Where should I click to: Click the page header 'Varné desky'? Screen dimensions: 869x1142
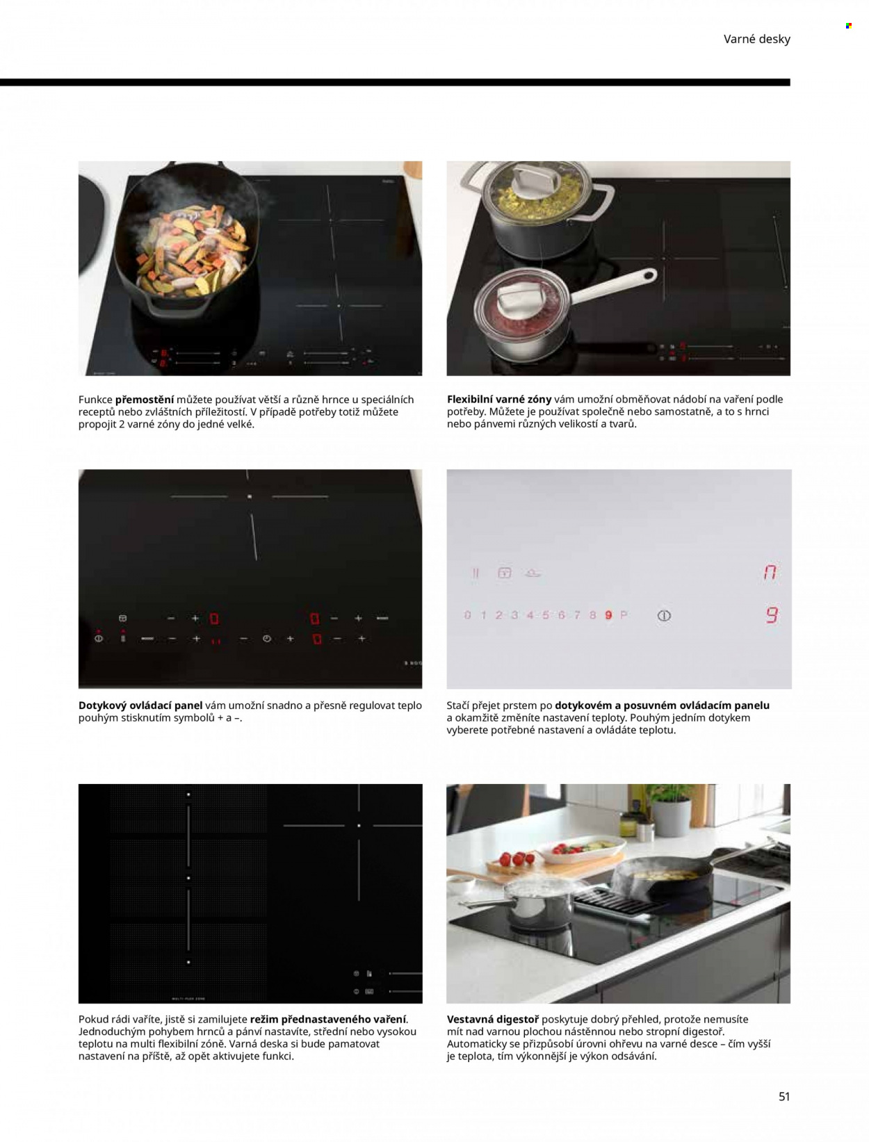[x=756, y=39]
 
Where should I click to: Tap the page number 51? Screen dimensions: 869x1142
[x=784, y=1096]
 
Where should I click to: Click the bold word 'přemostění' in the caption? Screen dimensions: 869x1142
[x=145, y=400]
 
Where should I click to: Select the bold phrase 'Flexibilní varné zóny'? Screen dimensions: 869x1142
[x=499, y=400]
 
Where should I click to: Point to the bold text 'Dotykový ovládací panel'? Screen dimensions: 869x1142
[x=140, y=705]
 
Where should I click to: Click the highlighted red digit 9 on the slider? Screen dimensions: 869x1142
[x=608, y=615]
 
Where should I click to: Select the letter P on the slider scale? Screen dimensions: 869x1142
[x=624, y=615]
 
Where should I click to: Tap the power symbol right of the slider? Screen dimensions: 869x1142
[x=664, y=615]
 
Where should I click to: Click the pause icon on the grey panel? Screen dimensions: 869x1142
[x=475, y=573]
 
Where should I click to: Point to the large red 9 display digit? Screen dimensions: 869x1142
[x=772, y=615]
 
